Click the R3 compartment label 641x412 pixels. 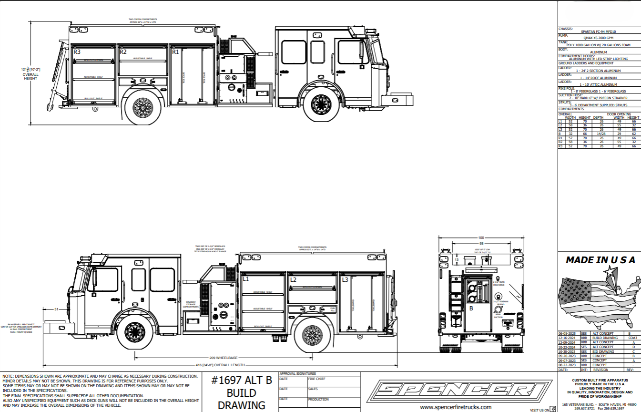click(77, 51)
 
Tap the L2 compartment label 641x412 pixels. click(294, 279)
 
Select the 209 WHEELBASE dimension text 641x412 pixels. click(224, 358)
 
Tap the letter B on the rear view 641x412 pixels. click(471, 308)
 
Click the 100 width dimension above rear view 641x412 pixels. click(481, 237)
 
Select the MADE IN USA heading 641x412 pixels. click(600, 260)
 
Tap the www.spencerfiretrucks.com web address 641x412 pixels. click(456, 407)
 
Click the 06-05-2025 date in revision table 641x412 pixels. click(566, 334)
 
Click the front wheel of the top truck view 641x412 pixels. click(318, 104)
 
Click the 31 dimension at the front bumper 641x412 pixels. click(56, 310)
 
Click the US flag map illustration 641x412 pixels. click(598, 296)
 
